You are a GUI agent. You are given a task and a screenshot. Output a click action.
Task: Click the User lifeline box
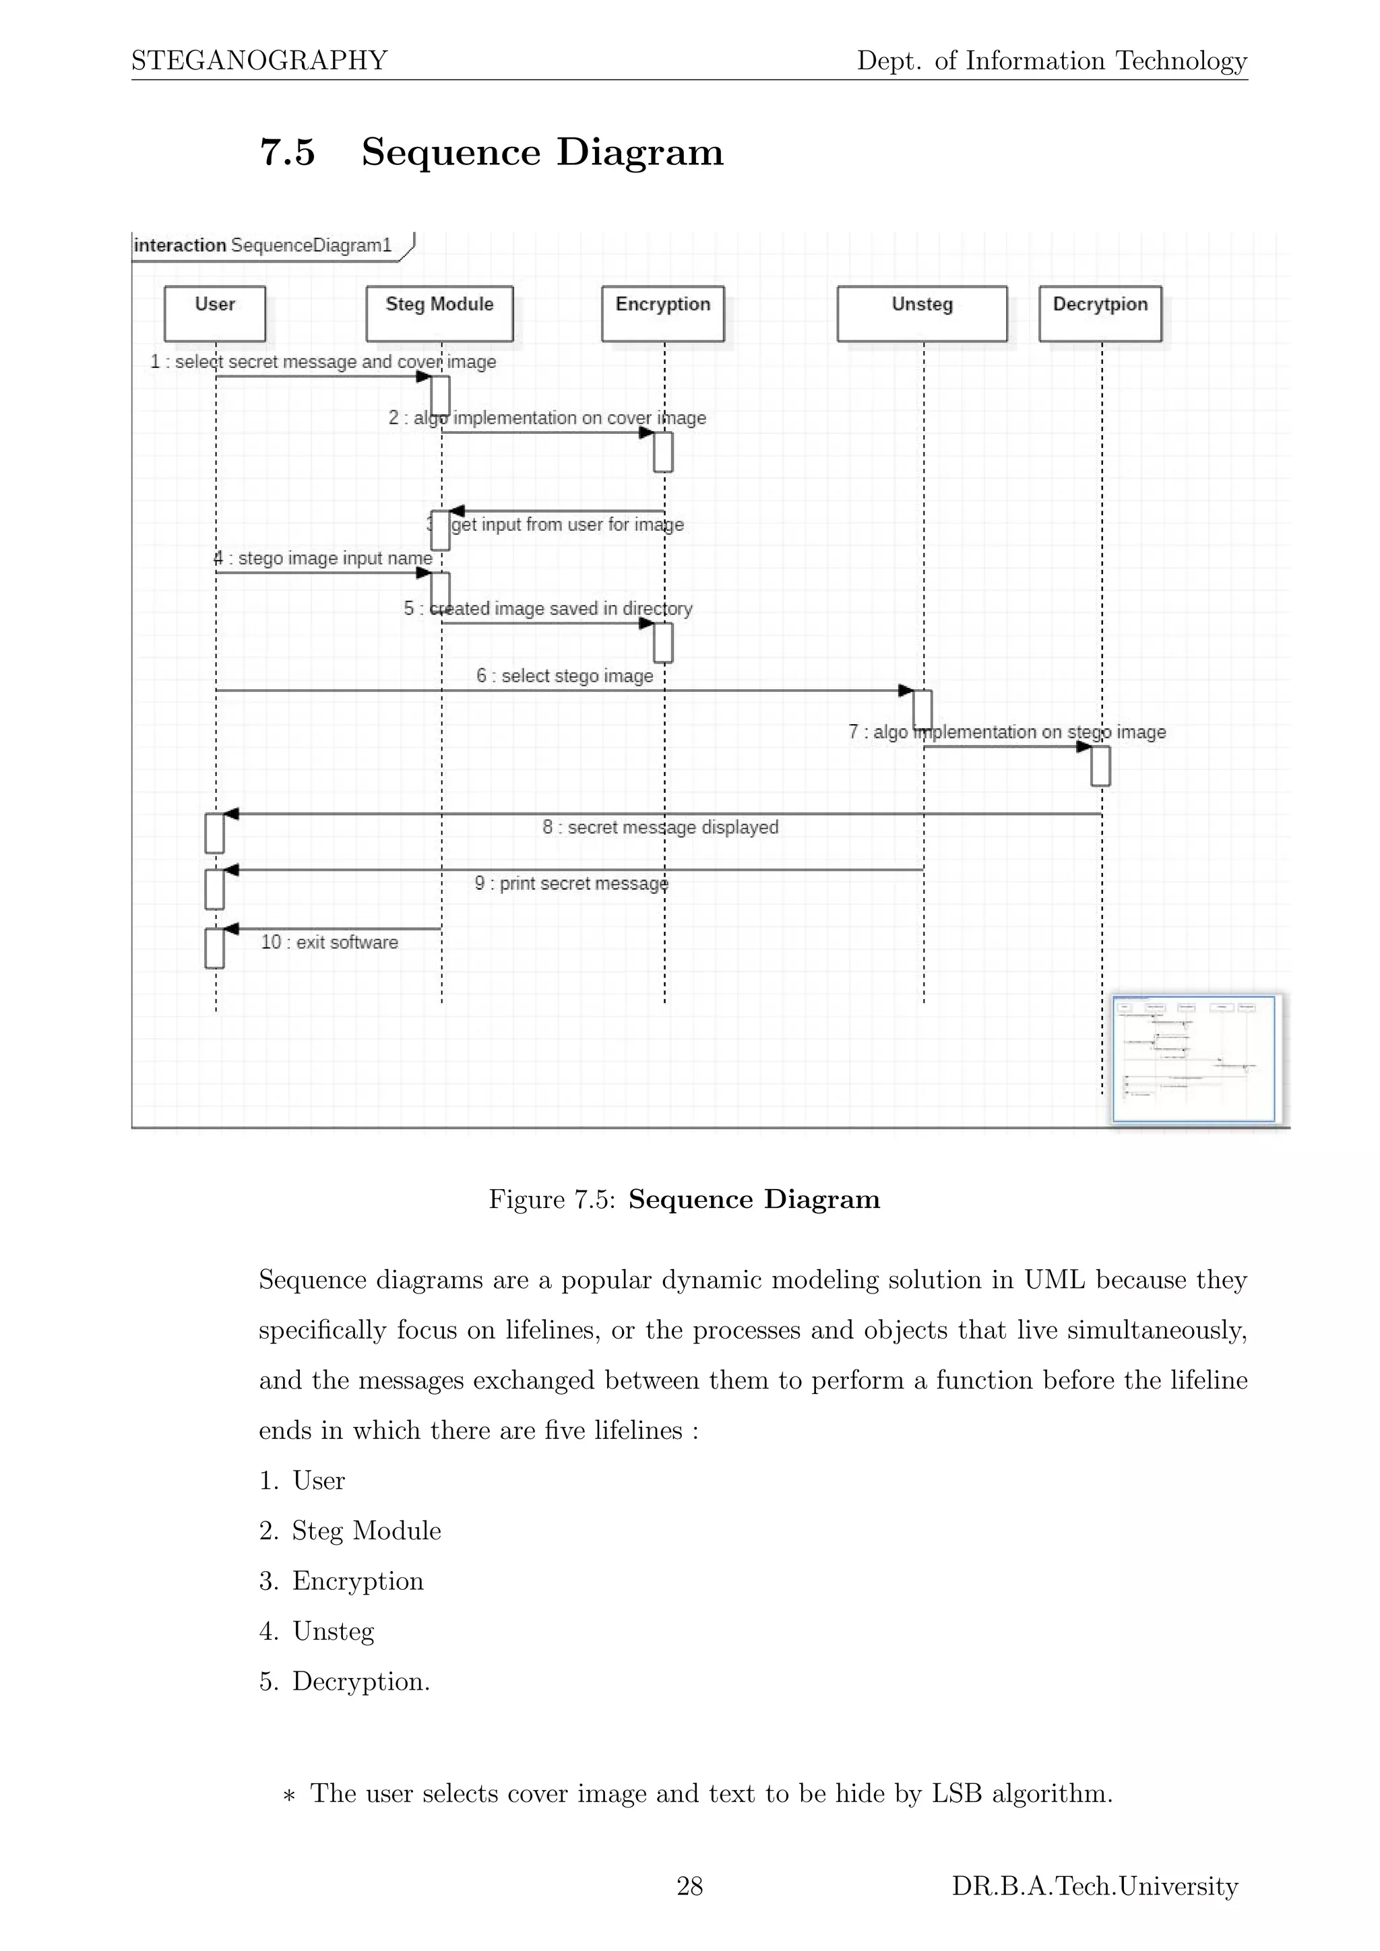point(214,313)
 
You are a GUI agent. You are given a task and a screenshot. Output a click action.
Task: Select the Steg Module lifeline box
point(439,313)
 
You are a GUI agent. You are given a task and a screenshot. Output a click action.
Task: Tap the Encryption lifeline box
point(663,313)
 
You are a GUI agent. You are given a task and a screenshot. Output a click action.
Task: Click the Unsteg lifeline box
point(922,313)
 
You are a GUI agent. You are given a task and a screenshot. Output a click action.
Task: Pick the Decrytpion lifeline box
point(1100,313)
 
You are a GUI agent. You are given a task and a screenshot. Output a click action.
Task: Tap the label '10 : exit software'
point(329,942)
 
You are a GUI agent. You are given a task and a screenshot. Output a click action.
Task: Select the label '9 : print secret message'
point(571,883)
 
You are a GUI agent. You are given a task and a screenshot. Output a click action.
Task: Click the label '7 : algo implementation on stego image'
point(1007,732)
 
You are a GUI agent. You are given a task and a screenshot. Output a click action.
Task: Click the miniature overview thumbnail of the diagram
point(1194,1059)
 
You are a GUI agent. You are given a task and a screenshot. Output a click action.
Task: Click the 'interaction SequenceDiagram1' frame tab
point(263,246)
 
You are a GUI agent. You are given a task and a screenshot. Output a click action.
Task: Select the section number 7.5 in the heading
point(287,152)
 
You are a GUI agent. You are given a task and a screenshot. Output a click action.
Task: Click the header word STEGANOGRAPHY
point(259,61)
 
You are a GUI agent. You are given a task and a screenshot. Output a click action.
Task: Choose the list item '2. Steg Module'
point(350,1531)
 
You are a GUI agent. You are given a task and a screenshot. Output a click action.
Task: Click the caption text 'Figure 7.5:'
point(551,1199)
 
